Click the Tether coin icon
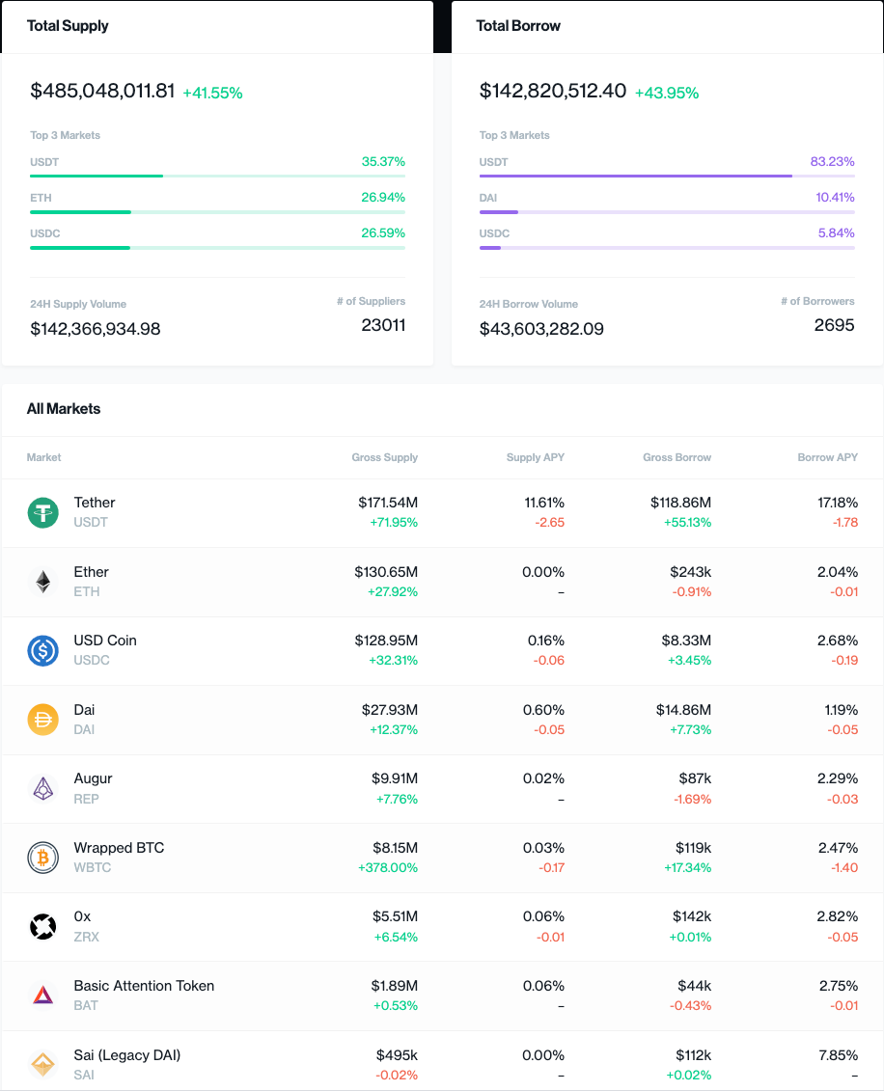point(42,512)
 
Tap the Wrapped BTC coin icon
point(42,858)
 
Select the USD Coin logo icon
point(42,650)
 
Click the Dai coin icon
point(42,720)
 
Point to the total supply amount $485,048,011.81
point(102,91)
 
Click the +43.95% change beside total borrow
point(666,93)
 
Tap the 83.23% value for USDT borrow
point(832,162)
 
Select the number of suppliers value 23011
point(383,325)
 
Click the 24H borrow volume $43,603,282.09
point(541,329)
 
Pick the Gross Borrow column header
point(677,457)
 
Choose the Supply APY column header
point(536,457)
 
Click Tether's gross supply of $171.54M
point(386,503)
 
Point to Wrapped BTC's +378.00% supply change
point(387,868)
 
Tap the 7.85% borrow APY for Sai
point(837,1055)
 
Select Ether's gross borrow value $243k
point(690,572)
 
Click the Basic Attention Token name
point(144,986)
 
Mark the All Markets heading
point(64,409)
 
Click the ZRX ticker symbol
point(86,937)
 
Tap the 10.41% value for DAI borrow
point(835,198)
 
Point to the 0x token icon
point(42,927)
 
